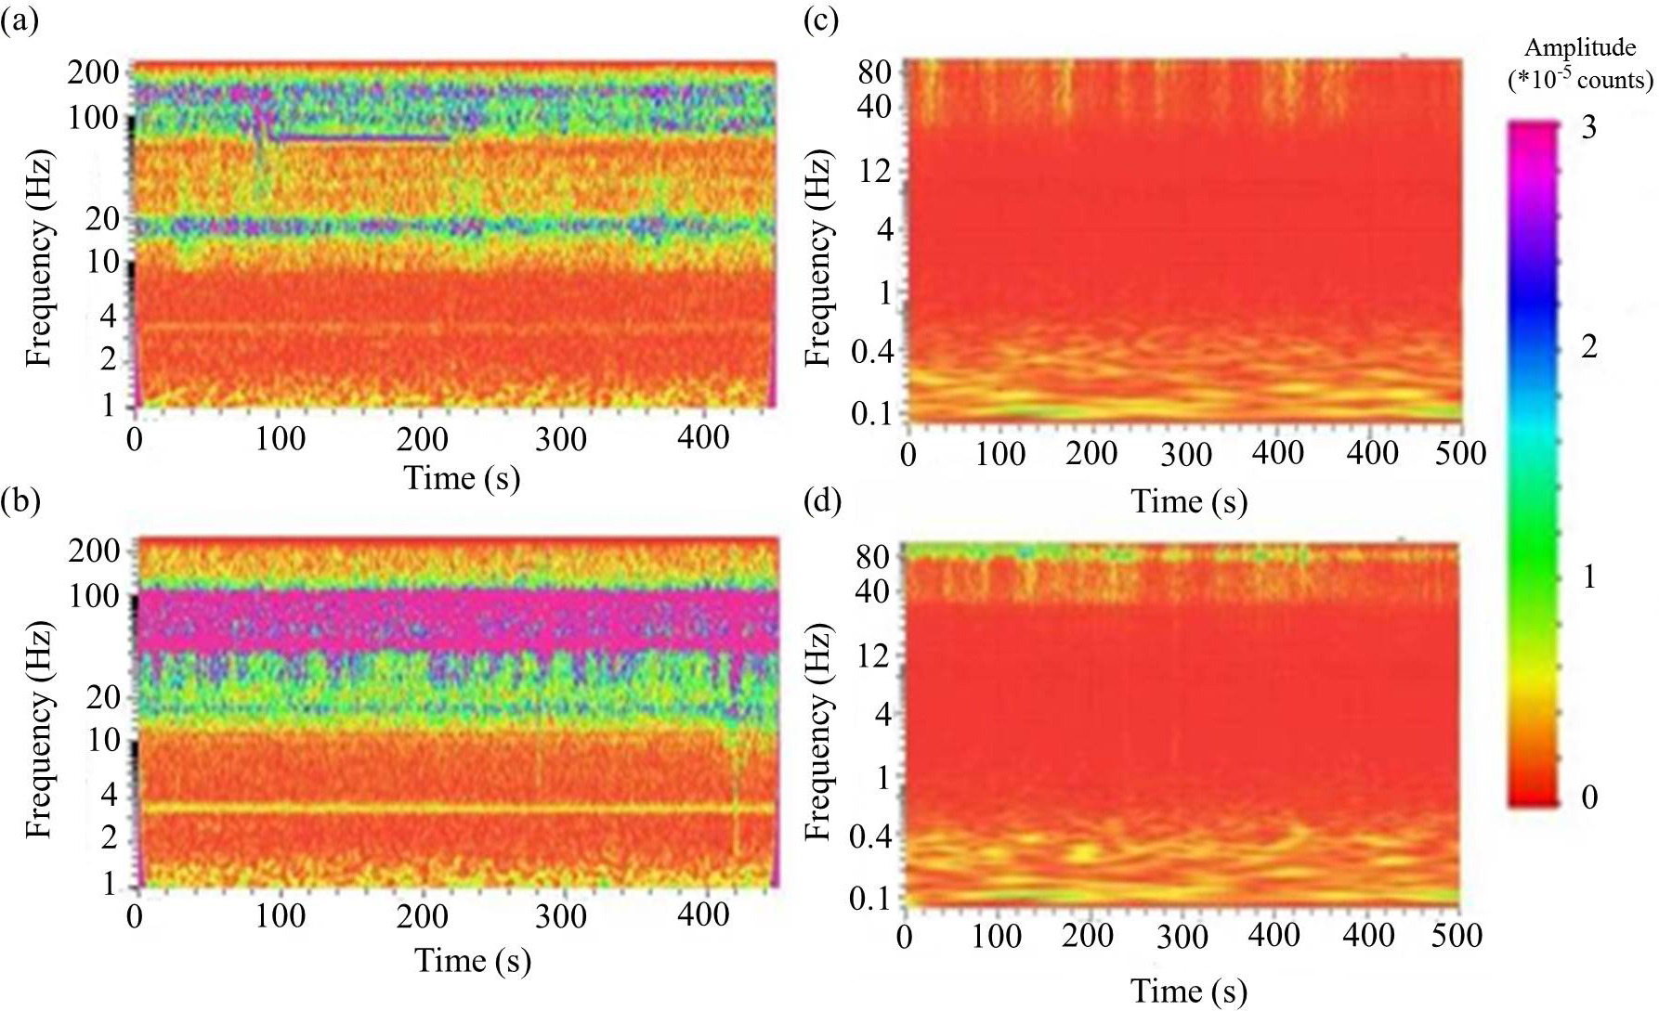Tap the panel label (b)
[x=20, y=502]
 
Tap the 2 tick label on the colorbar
[x=1588, y=348]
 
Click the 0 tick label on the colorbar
[x=1588, y=797]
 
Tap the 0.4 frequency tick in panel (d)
[x=870, y=836]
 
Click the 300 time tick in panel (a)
[x=561, y=439]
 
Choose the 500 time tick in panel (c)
[x=1461, y=453]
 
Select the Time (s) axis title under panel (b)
[x=473, y=960]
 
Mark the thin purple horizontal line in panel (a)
[x=362, y=138]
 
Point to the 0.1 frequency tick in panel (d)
[x=870, y=899]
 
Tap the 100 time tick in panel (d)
[x=997, y=936]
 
